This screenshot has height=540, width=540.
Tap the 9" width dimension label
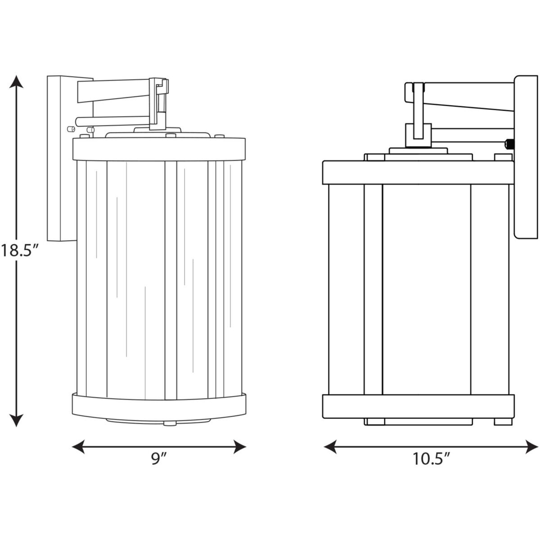point(159,459)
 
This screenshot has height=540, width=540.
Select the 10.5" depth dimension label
point(431,459)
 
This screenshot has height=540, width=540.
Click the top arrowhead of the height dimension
point(17,82)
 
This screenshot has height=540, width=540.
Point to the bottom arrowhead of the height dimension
point(16,419)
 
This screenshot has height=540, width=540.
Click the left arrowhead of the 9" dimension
point(79,447)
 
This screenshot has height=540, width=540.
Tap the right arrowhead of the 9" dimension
point(239,447)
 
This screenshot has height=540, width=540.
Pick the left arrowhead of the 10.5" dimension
point(331,447)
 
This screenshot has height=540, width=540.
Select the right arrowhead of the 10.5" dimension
point(531,447)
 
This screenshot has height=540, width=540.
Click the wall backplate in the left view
point(62,158)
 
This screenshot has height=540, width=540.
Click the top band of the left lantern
point(159,149)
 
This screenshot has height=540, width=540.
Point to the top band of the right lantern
point(418,172)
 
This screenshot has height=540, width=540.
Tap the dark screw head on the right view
point(509,144)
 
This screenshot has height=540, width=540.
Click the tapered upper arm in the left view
point(113,90)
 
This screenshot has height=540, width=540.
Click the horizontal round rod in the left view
point(112,121)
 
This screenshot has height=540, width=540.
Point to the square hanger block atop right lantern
point(418,135)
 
